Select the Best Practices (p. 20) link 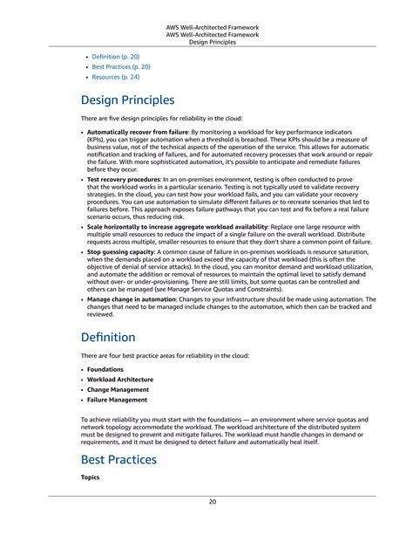pyautogui.click(x=121, y=66)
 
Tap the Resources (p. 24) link pyautogui.click(x=117, y=77)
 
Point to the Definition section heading pyautogui.click(x=108, y=337)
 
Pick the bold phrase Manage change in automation pyautogui.click(x=131, y=298)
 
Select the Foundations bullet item pyautogui.click(x=105, y=369)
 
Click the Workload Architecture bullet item pyautogui.click(x=120, y=380)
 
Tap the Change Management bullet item pyautogui.click(x=118, y=390)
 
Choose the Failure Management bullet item pyautogui.click(x=118, y=401)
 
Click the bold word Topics pyautogui.click(x=91, y=477)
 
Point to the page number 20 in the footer pyautogui.click(x=213, y=503)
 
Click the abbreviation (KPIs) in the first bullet pyautogui.click(x=98, y=140)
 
